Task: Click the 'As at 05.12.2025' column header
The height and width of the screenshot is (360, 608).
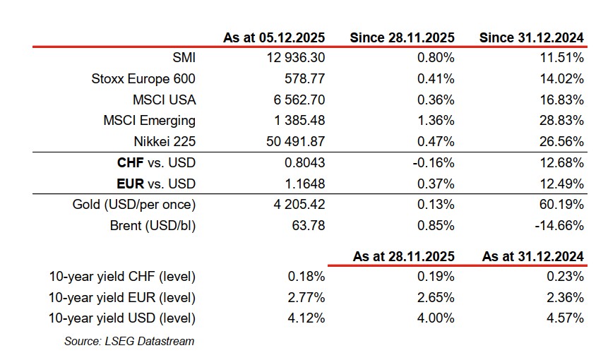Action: [x=274, y=37]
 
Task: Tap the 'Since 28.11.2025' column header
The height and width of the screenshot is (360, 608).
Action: [x=402, y=37]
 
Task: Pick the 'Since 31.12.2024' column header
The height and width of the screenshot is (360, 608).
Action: [x=531, y=37]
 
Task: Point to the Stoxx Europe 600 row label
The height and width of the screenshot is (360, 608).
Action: [x=144, y=79]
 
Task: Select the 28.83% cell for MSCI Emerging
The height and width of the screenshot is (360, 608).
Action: [x=561, y=121]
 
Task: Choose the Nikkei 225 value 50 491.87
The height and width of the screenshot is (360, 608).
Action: [x=295, y=142]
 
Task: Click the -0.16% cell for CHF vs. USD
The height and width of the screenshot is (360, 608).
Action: [x=434, y=163]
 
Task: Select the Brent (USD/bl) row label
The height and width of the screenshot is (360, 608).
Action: [x=152, y=226]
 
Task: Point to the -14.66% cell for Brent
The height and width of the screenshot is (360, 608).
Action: [x=559, y=226]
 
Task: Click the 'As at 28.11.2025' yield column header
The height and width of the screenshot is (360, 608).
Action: [x=403, y=256]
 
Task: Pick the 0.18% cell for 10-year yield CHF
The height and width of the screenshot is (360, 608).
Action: [x=307, y=276]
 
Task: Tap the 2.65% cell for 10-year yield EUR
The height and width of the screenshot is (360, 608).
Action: [x=436, y=297]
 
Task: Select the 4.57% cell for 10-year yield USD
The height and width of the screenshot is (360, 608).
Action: [x=565, y=318]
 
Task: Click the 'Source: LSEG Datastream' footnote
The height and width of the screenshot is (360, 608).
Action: [x=129, y=341]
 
